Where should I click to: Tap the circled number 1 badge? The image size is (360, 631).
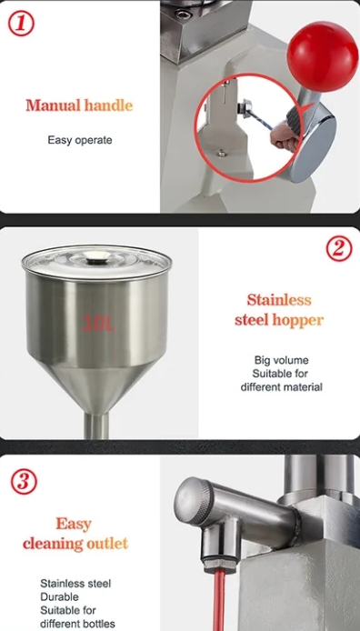[x=21, y=24]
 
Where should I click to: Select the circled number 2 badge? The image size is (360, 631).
[x=339, y=248]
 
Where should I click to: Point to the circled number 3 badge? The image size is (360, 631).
[x=24, y=481]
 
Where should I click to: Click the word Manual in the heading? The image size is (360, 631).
[x=53, y=105]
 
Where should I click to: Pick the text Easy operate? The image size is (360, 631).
[x=80, y=140]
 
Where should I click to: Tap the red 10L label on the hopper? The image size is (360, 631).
[x=98, y=324]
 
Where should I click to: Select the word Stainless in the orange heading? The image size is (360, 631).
[x=279, y=300]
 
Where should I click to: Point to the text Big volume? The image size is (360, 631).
[x=281, y=360]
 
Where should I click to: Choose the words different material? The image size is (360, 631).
[x=281, y=387]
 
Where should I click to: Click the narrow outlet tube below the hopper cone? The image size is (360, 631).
[x=96, y=426]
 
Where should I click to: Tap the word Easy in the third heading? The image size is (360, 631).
[x=74, y=524]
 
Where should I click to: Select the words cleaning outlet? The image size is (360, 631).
[x=75, y=544]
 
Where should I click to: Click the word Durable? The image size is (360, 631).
[x=59, y=596]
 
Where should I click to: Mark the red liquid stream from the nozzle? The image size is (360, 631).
[x=219, y=601]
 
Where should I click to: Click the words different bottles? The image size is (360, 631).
[x=77, y=624]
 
